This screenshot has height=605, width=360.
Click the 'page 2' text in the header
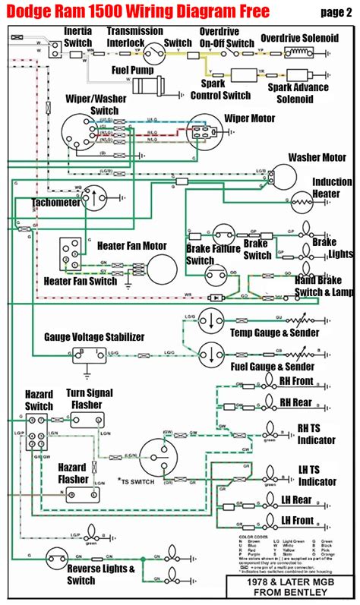point(330,11)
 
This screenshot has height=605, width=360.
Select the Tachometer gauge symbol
point(97,198)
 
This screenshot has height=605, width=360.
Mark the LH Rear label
point(297,500)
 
